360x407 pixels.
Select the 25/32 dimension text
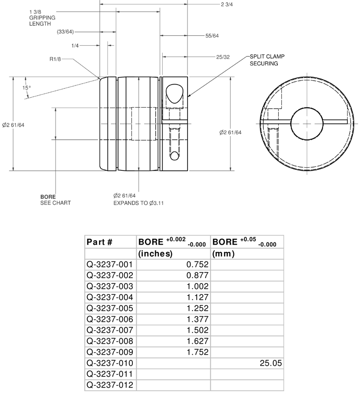pos(223,57)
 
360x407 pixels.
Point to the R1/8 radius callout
pos(56,59)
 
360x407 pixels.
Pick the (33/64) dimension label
pos(65,32)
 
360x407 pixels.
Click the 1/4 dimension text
pos(75,45)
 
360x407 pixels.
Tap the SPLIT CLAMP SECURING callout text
pos(267,60)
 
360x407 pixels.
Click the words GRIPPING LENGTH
pos(42,21)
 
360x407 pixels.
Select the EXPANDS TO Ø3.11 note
pos(138,203)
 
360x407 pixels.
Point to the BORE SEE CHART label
pos(55,200)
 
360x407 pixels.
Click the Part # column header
pos(99,242)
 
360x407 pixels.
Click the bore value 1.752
pos(197,352)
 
